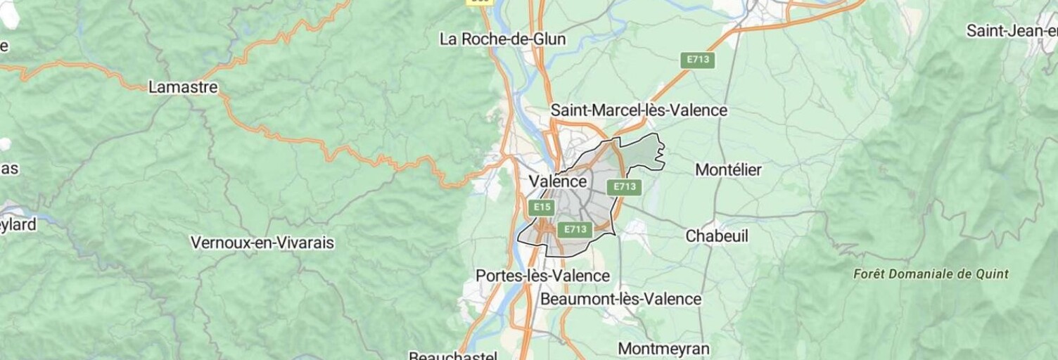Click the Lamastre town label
coord(183,88)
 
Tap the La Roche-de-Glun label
coord(502,39)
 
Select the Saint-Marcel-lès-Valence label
coord(638,110)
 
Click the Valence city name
coord(557,181)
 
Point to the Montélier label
coord(728,169)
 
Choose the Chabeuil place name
coord(717,236)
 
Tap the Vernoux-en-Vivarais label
coord(262,243)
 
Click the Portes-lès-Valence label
coord(542,276)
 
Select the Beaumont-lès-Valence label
coord(620,299)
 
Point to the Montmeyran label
coord(663,349)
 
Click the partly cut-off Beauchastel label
coord(453,355)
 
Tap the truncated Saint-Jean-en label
coord(1012,31)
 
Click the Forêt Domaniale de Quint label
coord(931,274)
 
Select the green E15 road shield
coord(542,207)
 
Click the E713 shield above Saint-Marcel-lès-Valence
coord(698,60)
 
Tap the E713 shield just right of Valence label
coord(624,187)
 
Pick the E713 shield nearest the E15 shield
coord(575,229)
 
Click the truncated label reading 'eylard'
coord(18,224)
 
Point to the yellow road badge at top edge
coord(479,2)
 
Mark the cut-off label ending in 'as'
coord(10,169)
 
